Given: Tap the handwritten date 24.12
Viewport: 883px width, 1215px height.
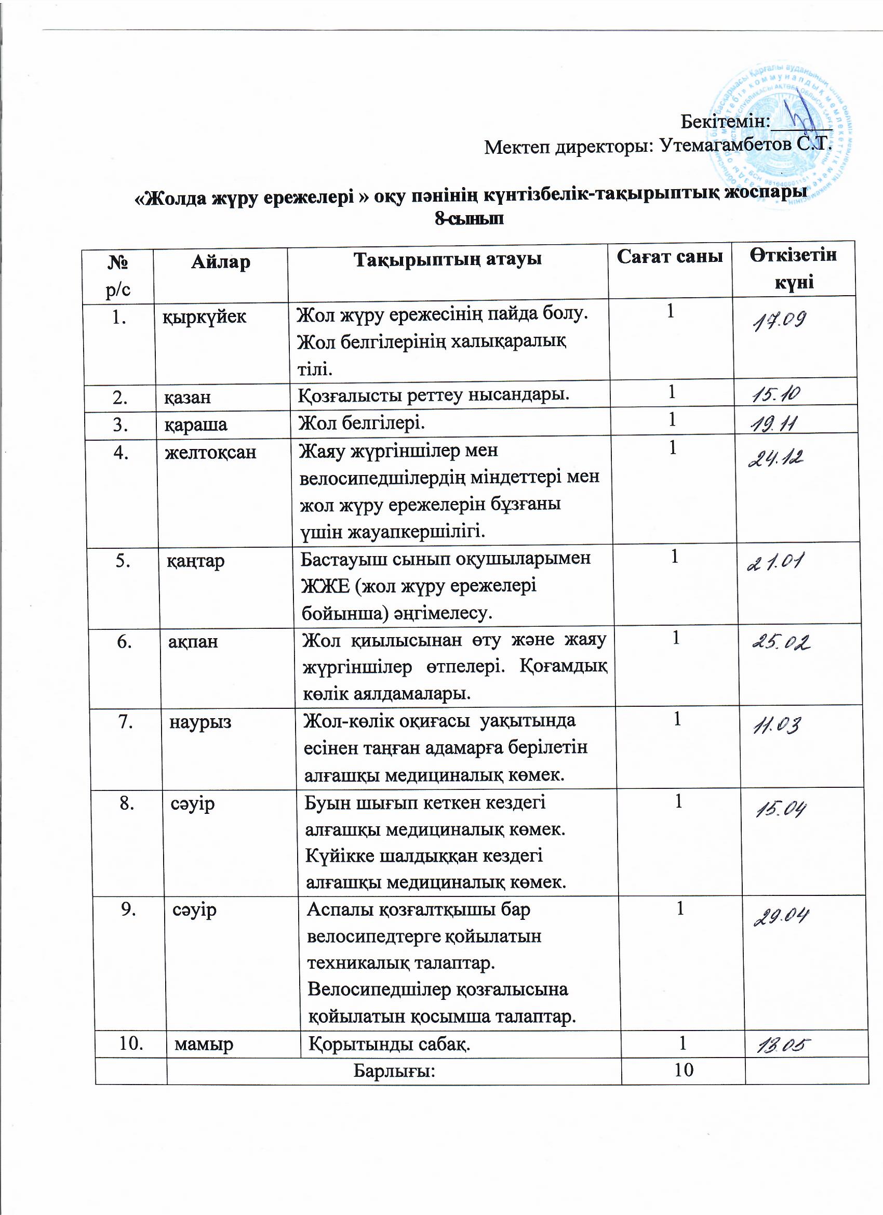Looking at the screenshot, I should pos(775,458).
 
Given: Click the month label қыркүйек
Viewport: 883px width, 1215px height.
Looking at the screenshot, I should pos(205,316).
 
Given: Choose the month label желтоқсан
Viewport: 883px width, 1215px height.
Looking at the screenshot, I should pos(210,453).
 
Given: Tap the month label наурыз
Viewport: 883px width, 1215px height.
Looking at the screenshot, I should pos(200,722).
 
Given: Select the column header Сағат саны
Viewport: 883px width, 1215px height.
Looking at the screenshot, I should pos(670,257).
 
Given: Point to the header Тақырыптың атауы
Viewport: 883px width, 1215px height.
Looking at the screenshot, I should pos(448,259).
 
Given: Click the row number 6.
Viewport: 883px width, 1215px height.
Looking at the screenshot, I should pos(125,641).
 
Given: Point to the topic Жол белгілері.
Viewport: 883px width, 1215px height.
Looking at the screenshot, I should pos(362,423).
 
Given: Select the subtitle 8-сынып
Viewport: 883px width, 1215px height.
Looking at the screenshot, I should pos(469,219).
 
